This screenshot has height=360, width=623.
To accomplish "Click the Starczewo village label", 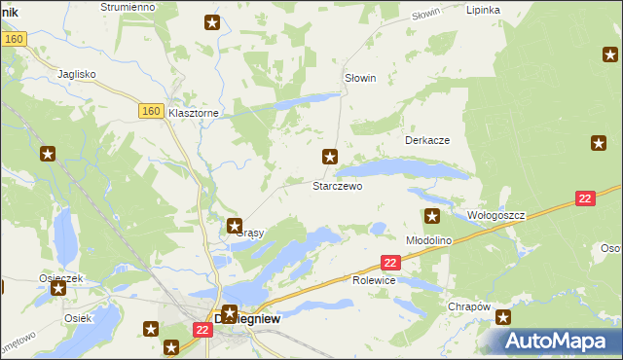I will coord(337,185).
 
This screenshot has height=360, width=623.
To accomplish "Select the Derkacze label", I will coord(426,140).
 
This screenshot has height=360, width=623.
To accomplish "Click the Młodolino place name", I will coord(428,239).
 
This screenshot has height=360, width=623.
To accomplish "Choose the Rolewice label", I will coord(374,280).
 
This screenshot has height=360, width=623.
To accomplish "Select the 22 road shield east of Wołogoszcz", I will coord(584,198).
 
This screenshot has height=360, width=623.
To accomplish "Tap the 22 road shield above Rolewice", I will coord(390,263).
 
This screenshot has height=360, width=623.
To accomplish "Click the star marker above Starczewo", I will coord(331,156).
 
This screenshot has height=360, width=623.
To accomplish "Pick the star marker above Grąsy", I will coord(235,226).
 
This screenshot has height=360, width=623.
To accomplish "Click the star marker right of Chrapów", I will coord(503,317).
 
